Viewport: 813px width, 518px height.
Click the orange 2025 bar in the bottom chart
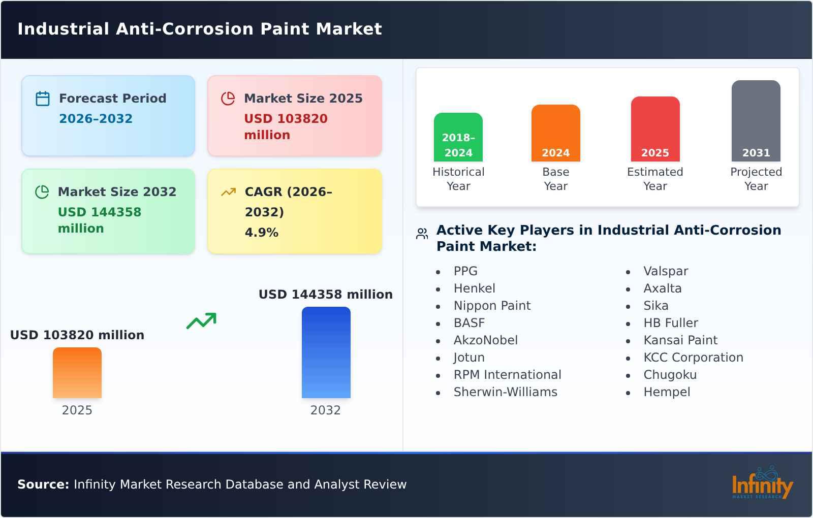pyautogui.click(x=77, y=373)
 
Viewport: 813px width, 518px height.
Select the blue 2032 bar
pyautogui.click(x=326, y=352)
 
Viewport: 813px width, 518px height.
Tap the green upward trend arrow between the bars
pyautogui.click(x=201, y=321)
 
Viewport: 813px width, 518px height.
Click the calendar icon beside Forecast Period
pyautogui.click(x=43, y=99)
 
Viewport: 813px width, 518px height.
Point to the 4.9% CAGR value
pyautogui.click(x=261, y=233)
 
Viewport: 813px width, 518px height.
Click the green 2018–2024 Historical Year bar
pyautogui.click(x=458, y=137)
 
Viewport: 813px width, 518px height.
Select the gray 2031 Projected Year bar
pyautogui.click(x=756, y=121)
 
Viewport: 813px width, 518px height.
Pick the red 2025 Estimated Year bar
pyautogui.click(x=655, y=129)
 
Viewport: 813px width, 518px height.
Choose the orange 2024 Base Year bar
pyautogui.click(x=555, y=133)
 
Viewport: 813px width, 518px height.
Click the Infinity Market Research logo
pyautogui.click(x=762, y=483)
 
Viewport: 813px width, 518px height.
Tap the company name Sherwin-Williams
pyautogui.click(x=505, y=392)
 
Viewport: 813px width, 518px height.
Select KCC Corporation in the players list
pyautogui.click(x=693, y=358)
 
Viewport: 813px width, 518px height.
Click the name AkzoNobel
pyautogui.click(x=485, y=340)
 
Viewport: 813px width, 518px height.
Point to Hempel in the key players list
pyautogui.click(x=667, y=392)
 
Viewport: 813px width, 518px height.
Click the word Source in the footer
pyautogui.click(x=43, y=484)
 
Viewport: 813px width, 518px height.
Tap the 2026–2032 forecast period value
pyautogui.click(x=96, y=119)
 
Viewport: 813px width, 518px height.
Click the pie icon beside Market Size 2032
pyautogui.click(x=42, y=192)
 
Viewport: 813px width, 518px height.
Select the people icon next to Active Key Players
pyautogui.click(x=422, y=234)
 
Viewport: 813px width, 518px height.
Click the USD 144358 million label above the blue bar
pyautogui.click(x=325, y=295)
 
